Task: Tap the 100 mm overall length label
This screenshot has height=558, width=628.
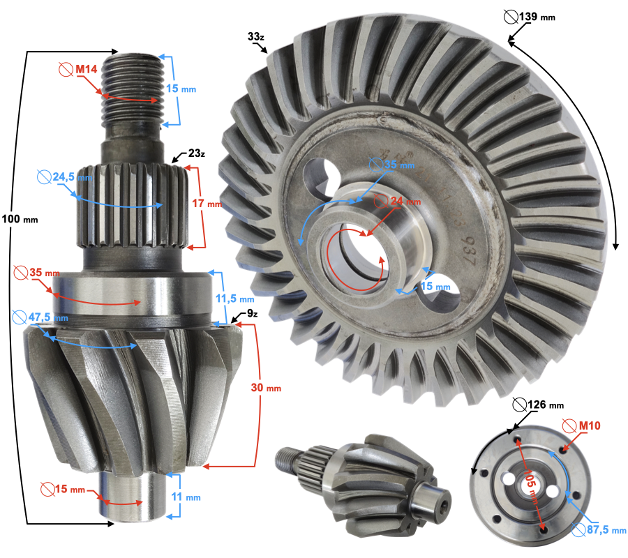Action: [x=20, y=219]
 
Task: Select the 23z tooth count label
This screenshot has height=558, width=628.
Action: [x=197, y=153]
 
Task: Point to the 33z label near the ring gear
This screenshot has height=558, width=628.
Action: [x=256, y=36]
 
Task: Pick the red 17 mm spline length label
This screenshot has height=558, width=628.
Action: [x=207, y=204]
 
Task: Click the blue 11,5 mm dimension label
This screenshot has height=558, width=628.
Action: [x=235, y=299]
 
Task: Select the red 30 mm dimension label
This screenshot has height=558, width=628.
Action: [x=266, y=388]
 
